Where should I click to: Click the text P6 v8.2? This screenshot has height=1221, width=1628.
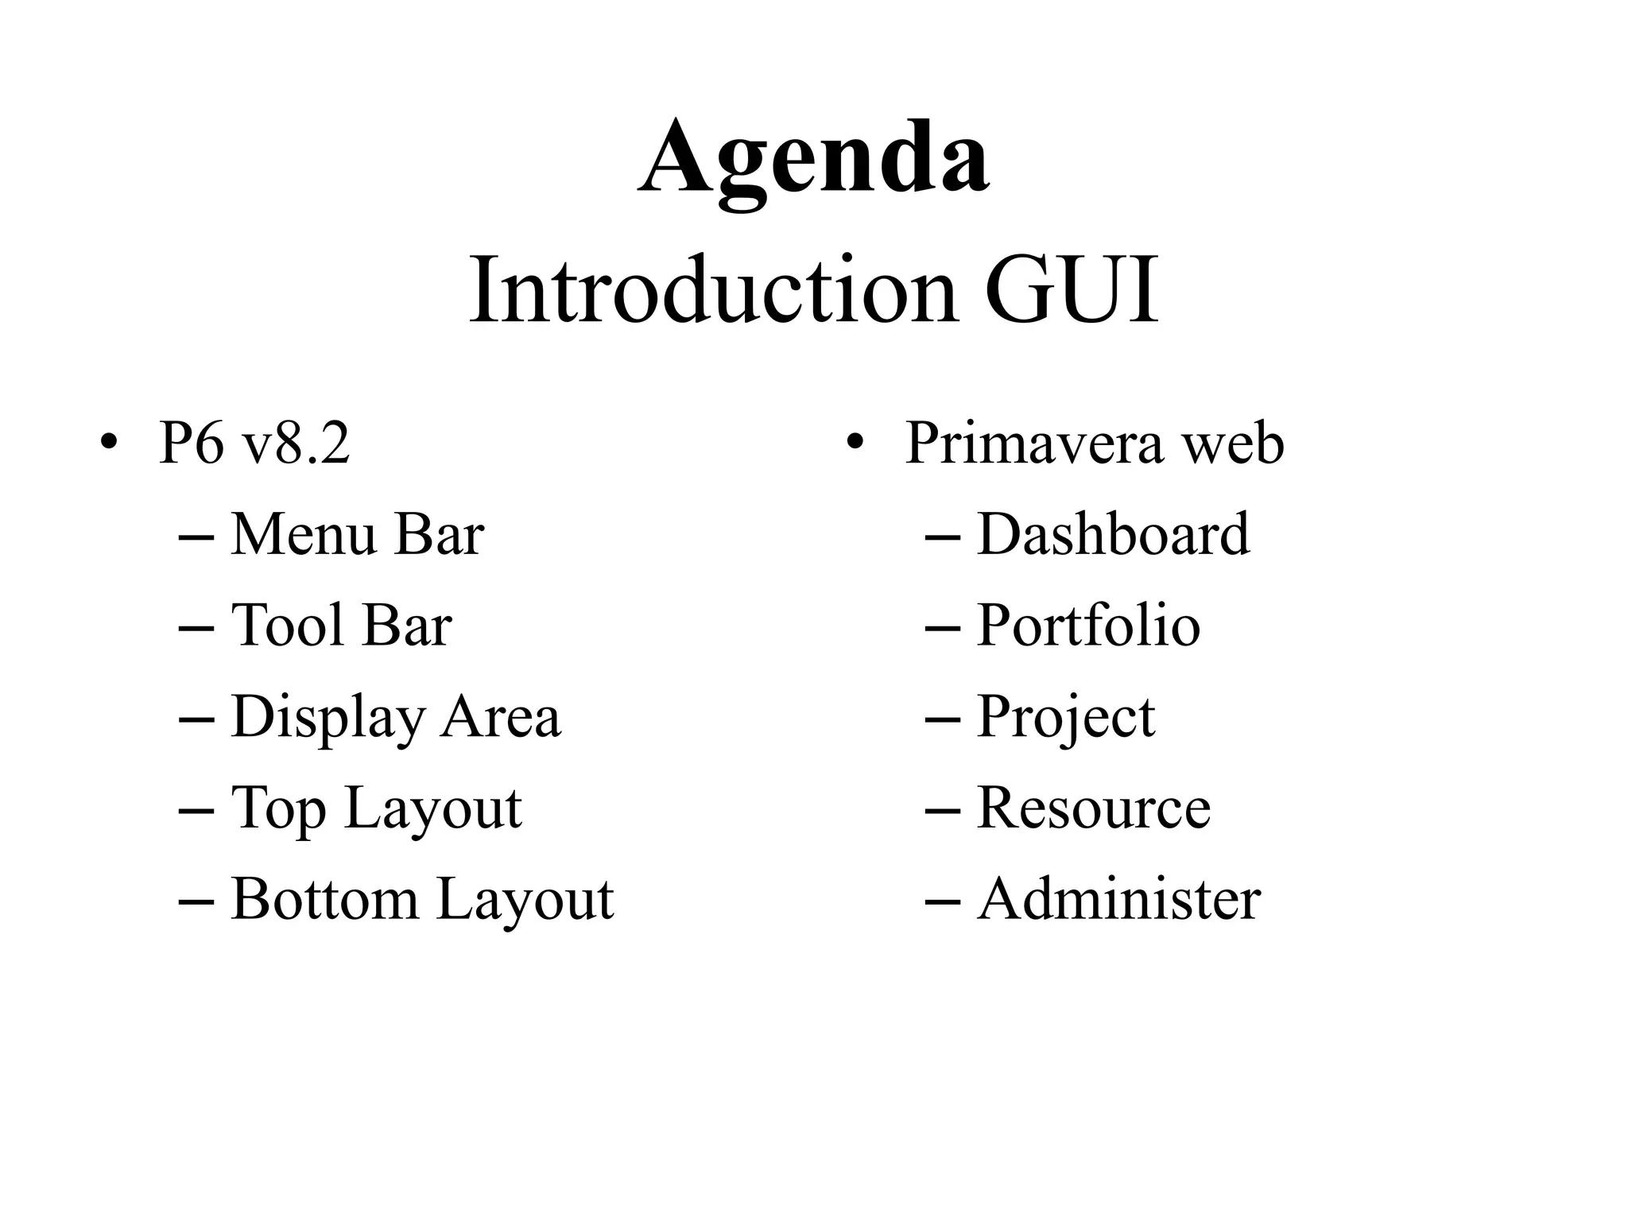[254, 443]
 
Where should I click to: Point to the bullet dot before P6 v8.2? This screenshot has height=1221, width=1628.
[109, 442]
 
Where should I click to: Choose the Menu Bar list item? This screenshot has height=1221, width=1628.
[358, 534]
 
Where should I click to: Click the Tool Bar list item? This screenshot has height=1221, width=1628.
[342, 626]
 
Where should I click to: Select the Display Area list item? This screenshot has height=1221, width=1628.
[396, 717]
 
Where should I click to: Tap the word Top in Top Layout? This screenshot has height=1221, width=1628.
[278, 808]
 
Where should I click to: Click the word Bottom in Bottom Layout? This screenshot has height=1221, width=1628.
[324, 899]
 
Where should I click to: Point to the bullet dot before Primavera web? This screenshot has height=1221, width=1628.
[855, 442]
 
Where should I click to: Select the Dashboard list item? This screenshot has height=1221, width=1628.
[1113, 534]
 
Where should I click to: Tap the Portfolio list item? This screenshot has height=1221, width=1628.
[1088, 626]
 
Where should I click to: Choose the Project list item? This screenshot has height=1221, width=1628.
[1066, 717]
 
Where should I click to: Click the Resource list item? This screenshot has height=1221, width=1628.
[1094, 808]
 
